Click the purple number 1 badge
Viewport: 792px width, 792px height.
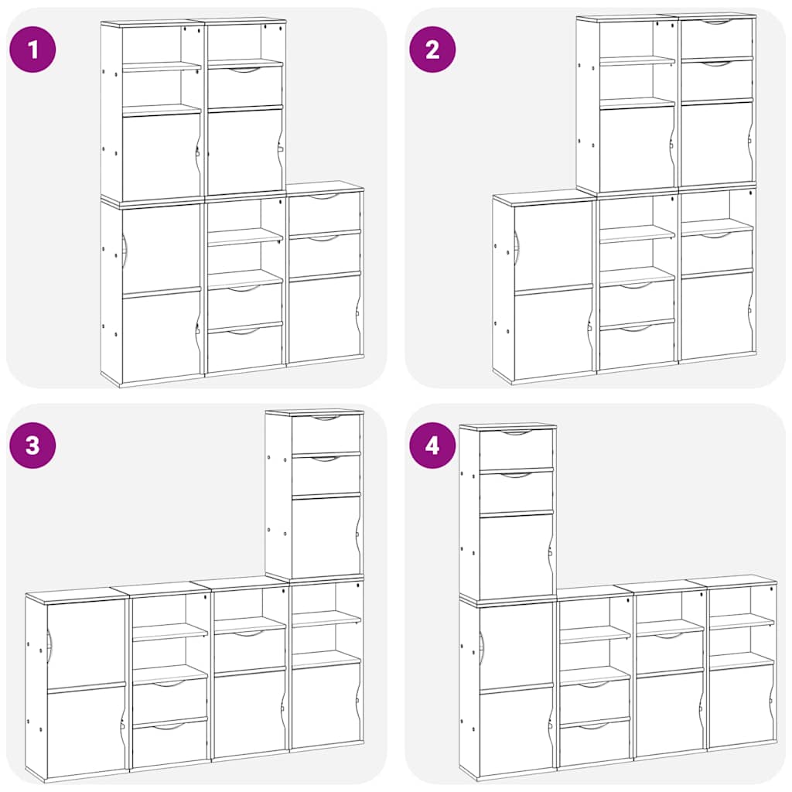click(32, 50)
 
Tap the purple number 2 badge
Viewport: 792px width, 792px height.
click(432, 50)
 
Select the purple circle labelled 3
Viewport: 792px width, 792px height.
click(32, 445)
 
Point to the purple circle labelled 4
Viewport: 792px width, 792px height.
click(432, 445)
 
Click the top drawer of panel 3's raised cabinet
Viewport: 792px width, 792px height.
click(326, 434)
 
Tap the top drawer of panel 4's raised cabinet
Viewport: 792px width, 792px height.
click(516, 449)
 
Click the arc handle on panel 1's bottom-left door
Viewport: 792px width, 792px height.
click(124, 251)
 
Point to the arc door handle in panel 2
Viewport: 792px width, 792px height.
click(516, 247)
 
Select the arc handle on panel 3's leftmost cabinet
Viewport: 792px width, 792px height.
click(49, 641)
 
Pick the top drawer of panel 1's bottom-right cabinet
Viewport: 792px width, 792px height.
click(324, 213)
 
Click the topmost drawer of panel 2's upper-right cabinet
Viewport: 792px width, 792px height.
click(716, 38)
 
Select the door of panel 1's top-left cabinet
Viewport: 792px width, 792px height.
click(160, 157)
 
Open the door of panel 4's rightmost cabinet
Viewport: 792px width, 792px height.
click(740, 705)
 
